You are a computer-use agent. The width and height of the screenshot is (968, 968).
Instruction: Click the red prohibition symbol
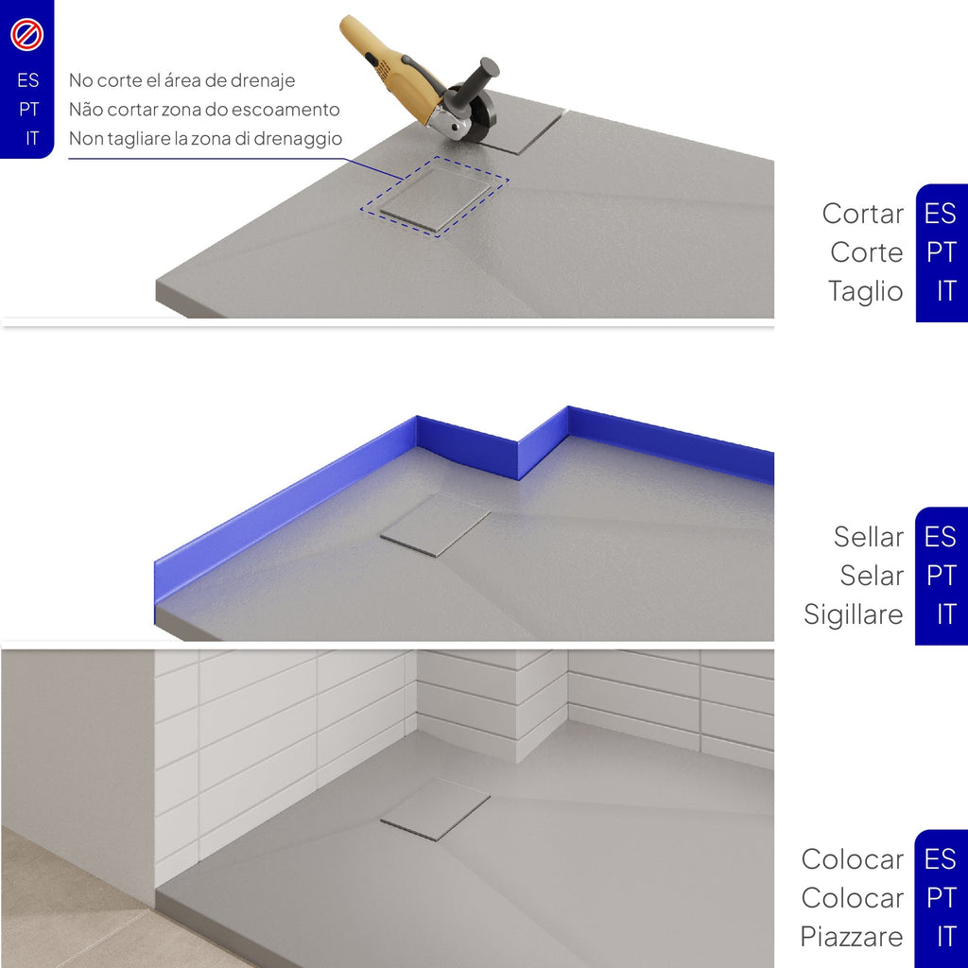pyautogui.click(x=26, y=35)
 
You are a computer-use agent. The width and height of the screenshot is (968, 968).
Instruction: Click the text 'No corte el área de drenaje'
pyautogui.click(x=181, y=80)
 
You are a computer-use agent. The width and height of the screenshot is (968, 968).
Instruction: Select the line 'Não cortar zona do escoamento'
pyautogui.click(x=204, y=110)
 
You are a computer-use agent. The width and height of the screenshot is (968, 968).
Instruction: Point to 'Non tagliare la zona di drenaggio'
pyautogui.click(x=205, y=138)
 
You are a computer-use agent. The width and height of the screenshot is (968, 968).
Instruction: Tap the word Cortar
pyautogui.click(x=862, y=214)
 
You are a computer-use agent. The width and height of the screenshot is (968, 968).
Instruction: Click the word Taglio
pyautogui.click(x=865, y=291)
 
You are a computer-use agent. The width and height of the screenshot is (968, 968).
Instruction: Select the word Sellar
pyautogui.click(x=868, y=537)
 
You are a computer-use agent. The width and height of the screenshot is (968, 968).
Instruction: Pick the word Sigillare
pyautogui.click(x=854, y=614)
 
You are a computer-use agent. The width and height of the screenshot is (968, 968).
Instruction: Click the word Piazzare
pyautogui.click(x=852, y=937)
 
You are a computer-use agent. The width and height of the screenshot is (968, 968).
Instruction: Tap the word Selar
pyautogui.click(x=871, y=576)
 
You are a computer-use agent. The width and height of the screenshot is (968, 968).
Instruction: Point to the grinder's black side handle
pyautogui.click(x=477, y=80)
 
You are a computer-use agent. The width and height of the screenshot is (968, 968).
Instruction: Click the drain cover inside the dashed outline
pyautogui.click(x=435, y=197)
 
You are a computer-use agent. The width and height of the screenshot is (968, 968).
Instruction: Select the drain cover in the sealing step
pyautogui.click(x=435, y=526)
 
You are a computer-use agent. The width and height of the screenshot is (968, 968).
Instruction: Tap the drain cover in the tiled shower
pyautogui.click(x=435, y=809)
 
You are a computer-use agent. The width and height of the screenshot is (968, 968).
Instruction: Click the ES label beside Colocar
pyautogui.click(x=940, y=858)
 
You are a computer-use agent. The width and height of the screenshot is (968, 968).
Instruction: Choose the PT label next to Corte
pyautogui.click(x=941, y=251)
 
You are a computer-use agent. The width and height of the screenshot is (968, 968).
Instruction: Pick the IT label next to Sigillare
pyautogui.click(x=945, y=614)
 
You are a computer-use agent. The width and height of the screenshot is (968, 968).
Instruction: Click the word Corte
pyautogui.click(x=866, y=252)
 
